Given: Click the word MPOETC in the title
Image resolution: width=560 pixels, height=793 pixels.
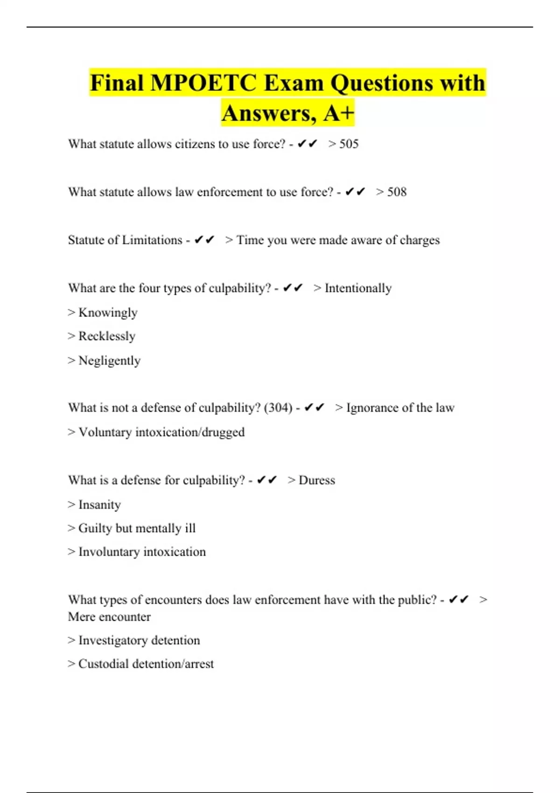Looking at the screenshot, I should pos(203,83).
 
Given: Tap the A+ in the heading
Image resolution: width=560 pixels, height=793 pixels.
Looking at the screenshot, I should pos(338,113).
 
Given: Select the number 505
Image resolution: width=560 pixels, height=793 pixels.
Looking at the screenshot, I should pos(349,144).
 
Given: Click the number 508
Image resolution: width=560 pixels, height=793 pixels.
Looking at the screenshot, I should pos(397,192).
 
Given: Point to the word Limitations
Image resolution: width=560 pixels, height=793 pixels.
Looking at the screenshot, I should pos(152,240).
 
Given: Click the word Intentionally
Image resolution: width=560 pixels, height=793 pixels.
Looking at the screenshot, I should pos(358,288).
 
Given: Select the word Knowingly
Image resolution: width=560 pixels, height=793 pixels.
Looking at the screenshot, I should pos(108,313).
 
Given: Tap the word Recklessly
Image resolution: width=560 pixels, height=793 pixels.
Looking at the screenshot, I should pos(107,336).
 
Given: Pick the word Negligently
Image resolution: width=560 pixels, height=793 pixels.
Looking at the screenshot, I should pos(109,361).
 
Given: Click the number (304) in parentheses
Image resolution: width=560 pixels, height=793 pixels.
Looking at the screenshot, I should pos(278,408).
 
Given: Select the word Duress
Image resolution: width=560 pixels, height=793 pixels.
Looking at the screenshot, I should pos(317,480).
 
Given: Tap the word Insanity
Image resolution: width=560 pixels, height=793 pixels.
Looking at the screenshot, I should pos(99,505).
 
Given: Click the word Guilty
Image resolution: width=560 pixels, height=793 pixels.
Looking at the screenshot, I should pos(95,529).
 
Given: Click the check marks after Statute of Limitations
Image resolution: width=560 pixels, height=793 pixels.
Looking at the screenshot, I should pos(204,240).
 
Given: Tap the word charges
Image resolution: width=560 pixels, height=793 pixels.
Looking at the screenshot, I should pos(420,240).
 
